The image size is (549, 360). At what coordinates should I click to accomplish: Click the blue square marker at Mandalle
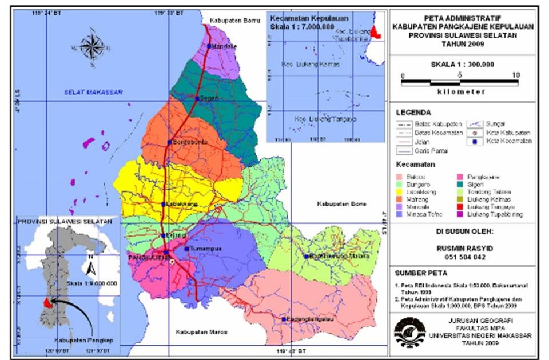[x=210, y=46]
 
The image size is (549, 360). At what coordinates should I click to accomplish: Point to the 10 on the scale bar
[x=515, y=75]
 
